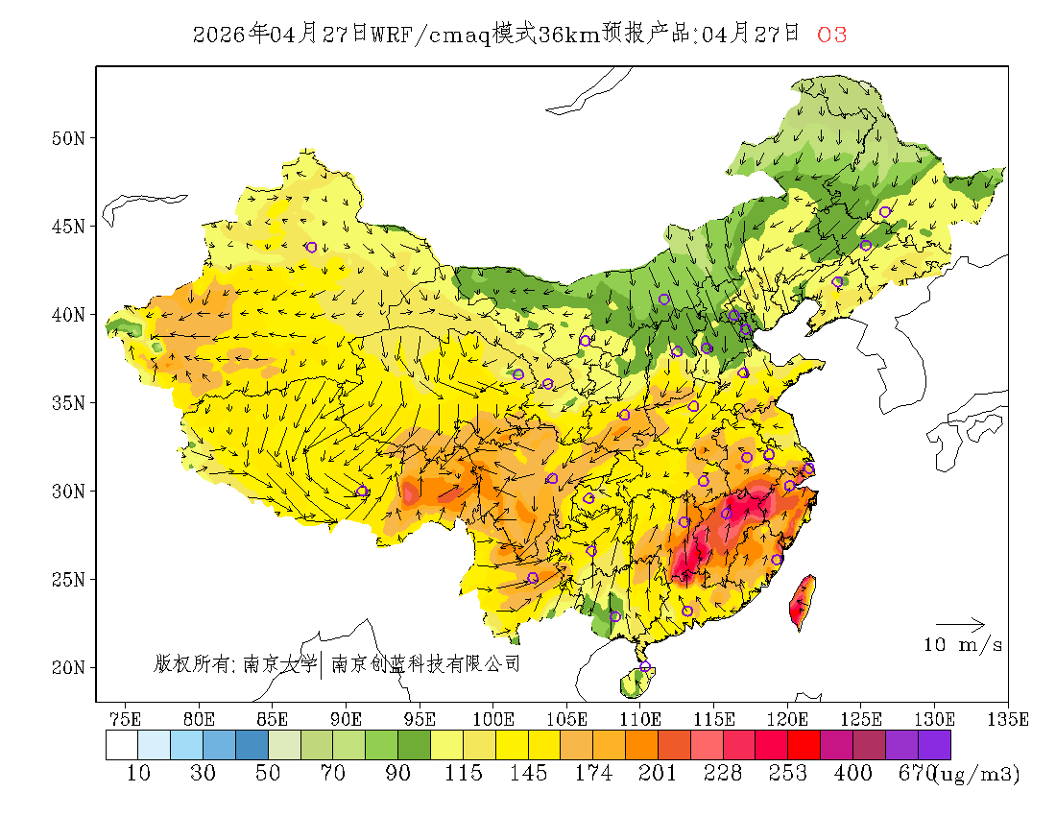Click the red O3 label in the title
tap(831, 36)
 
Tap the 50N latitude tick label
tap(68, 138)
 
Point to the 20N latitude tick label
tap(68, 667)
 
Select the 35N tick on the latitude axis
tap(68, 403)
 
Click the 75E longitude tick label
tap(126, 718)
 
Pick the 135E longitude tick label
tap(1008, 718)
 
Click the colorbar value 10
tap(138, 773)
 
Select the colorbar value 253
tap(787, 773)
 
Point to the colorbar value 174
tap(592, 773)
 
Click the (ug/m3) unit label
tap(975, 774)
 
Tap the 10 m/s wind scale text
tap(963, 645)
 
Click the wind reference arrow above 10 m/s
tap(960, 625)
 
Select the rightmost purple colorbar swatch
tap(934, 745)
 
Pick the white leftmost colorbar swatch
tap(122, 745)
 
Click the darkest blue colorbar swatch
tap(252, 745)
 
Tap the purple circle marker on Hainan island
tap(645, 667)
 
